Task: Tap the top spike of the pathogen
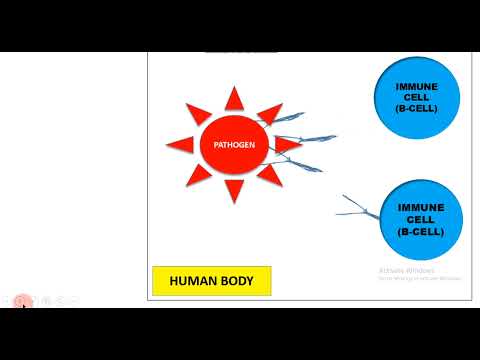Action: point(235,98)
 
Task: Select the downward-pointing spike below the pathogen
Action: point(235,191)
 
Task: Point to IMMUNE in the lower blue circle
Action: point(415,207)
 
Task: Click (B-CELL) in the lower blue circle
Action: point(415,232)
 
